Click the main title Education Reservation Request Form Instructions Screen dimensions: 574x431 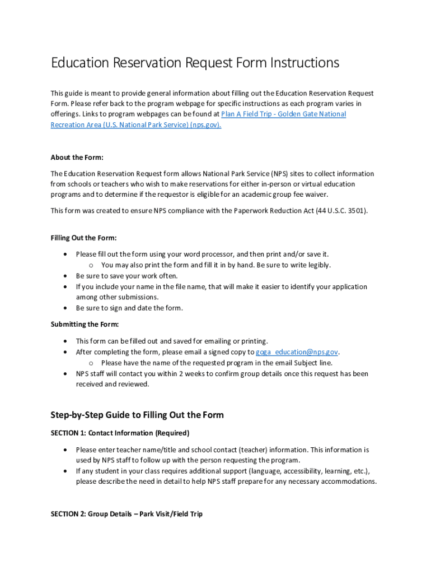(x=195, y=63)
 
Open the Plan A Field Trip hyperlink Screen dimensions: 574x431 (x=283, y=114)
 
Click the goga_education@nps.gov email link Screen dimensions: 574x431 (x=297, y=352)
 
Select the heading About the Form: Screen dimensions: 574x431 (x=77, y=158)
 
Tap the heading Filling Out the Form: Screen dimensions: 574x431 (x=83, y=238)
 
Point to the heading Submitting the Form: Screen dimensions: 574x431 (x=85, y=325)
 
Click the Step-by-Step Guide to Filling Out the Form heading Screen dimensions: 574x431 (x=137, y=415)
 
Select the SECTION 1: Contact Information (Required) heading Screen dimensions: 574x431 (x=120, y=433)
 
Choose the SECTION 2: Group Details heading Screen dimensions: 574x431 (x=127, y=514)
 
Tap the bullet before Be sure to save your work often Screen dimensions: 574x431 (x=67, y=276)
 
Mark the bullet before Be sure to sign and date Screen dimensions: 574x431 (x=67, y=308)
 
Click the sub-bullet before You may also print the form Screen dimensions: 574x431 (x=91, y=266)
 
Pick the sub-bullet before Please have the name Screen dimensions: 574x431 (x=91, y=363)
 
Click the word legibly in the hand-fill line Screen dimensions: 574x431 (x=317, y=265)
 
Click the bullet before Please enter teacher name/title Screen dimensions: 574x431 (x=67, y=450)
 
